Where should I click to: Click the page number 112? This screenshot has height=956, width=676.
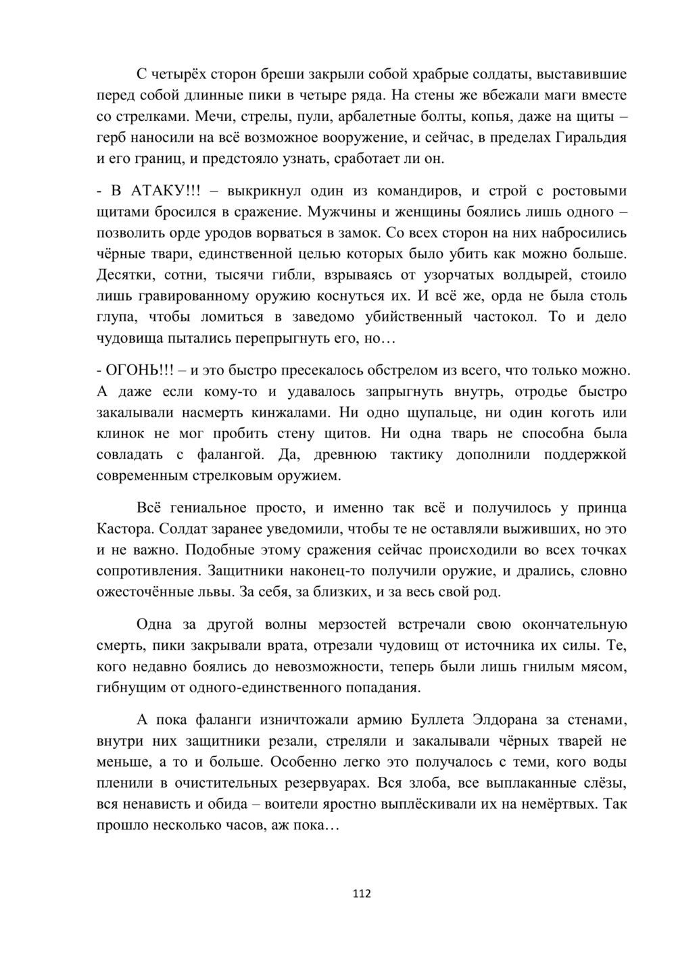click(x=362, y=894)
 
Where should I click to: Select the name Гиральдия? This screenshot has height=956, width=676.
click(x=590, y=138)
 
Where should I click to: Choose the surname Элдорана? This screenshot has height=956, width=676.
click(x=516, y=719)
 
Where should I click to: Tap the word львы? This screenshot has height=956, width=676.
click(x=216, y=593)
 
